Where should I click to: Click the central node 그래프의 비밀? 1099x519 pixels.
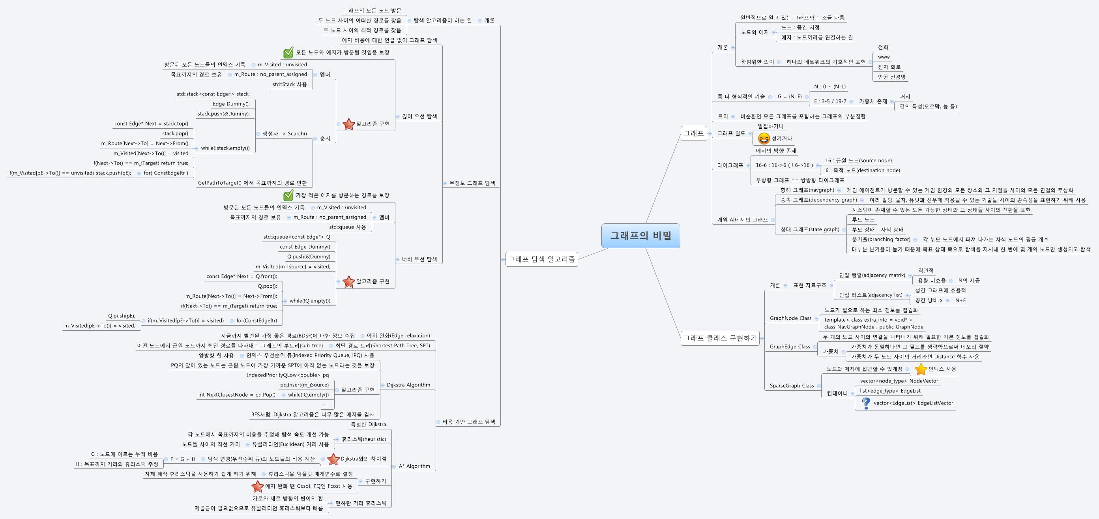tap(640, 236)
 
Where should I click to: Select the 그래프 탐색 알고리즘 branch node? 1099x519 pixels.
tap(541, 259)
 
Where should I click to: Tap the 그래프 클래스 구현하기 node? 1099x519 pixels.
tap(720, 338)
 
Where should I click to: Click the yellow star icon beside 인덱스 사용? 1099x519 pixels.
tap(921, 369)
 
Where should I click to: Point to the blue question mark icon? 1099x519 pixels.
tap(866, 403)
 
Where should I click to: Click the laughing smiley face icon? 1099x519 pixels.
tap(764, 138)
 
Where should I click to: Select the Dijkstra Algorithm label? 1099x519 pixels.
tap(408, 385)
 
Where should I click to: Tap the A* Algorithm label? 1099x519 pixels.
tap(414, 466)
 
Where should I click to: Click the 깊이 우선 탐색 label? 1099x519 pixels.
tap(419, 116)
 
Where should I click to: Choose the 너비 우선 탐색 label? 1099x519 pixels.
tap(419, 259)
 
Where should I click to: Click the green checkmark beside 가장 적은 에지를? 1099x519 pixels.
tap(288, 195)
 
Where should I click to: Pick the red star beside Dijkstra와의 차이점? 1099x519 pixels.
tap(333, 459)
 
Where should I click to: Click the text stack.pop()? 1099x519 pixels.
tap(175, 133)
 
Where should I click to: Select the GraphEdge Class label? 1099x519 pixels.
tap(790, 347)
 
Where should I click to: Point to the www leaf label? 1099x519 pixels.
tap(884, 57)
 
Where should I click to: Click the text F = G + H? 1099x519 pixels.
tap(183, 459)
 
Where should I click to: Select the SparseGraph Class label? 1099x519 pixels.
tap(792, 386)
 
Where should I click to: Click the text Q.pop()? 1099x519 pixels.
tap(267, 287)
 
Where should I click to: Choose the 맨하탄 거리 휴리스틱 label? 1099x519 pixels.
tap(361, 503)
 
